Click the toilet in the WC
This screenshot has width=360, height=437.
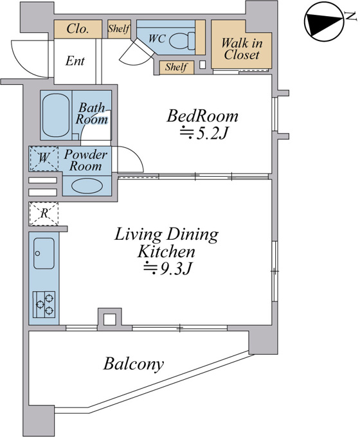point(182,40)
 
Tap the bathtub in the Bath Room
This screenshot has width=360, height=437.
point(56,115)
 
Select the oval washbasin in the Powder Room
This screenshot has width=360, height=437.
point(87,185)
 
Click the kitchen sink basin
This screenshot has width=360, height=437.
point(44,253)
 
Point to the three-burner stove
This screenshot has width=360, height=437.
point(44,305)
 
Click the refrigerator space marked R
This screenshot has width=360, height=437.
point(44,214)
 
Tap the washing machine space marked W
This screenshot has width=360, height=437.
point(44,158)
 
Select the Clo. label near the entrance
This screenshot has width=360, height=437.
point(78,29)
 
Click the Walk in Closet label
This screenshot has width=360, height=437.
point(242,49)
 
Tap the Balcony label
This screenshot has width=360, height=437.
point(134,364)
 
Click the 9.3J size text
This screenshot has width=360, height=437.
point(167,269)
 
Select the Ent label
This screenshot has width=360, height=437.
point(75,60)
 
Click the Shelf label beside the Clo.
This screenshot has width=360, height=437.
point(119,28)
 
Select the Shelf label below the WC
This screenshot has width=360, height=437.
point(176,67)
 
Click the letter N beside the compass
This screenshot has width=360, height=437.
point(351,16)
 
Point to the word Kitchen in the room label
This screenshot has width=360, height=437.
point(166,252)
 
